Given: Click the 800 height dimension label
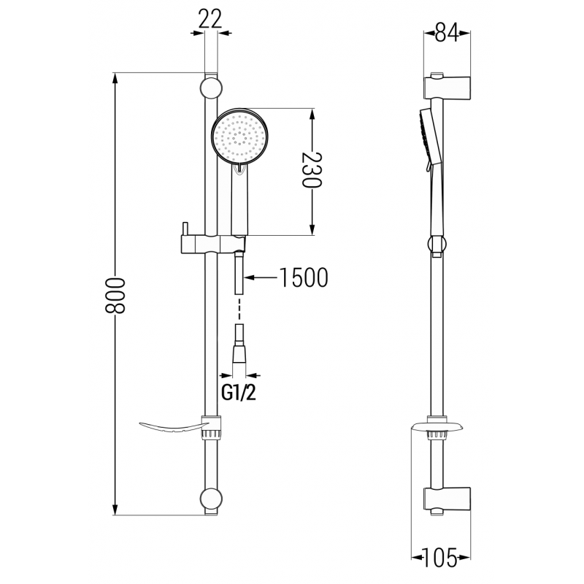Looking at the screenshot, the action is point(116,295).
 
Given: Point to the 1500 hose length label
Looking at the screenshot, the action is point(302,277).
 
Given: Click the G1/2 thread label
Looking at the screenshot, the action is point(239,393).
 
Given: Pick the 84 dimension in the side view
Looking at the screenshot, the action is point(446,32).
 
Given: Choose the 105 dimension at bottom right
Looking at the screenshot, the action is point(441,559).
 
